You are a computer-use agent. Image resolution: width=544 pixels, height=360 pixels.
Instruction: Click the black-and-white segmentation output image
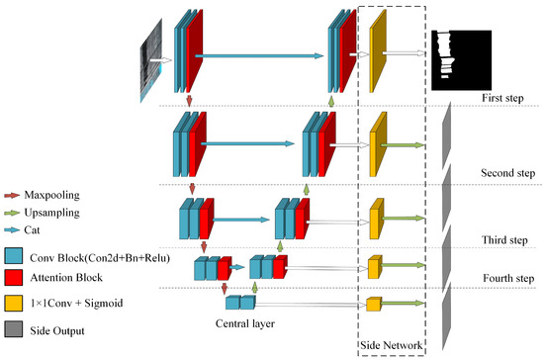(462, 59)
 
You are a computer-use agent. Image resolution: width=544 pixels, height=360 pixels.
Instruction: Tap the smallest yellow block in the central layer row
(374, 304)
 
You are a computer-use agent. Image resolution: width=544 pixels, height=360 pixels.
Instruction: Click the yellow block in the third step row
(375, 219)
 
